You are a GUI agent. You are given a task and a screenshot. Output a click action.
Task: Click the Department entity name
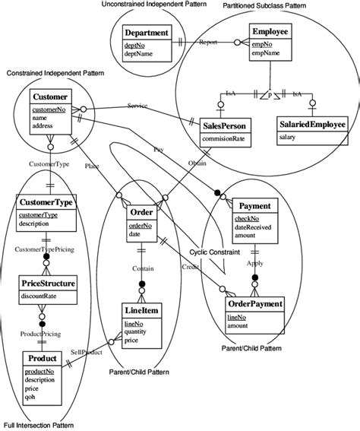tap(147, 34)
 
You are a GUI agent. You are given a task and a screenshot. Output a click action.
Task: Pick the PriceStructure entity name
tap(48, 284)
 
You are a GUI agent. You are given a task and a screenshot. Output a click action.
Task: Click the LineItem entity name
tap(142, 312)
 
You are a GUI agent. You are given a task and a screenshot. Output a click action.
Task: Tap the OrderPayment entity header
tap(255, 304)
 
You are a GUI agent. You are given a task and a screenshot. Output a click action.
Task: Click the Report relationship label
tap(209, 43)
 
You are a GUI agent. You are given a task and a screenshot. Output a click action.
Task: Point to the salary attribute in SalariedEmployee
tap(288, 137)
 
